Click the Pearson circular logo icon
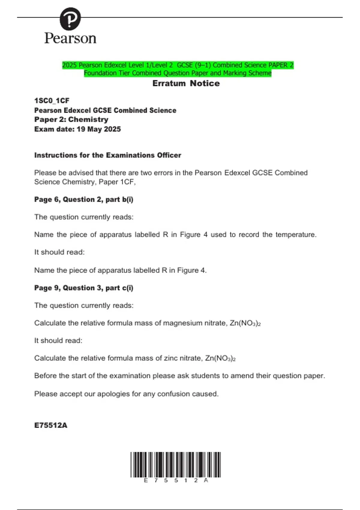pos(70,19)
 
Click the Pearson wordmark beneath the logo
pos(70,38)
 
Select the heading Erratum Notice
pos(186,83)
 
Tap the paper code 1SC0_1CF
pos(52,100)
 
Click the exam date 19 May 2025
pos(99,129)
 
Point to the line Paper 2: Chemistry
pos(71,119)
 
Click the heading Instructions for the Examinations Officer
pos(108,155)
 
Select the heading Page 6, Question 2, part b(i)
pos(84,199)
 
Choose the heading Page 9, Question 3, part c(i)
pos(84,288)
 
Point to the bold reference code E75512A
pos(51,425)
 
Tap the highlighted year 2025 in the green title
pos(69,65)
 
